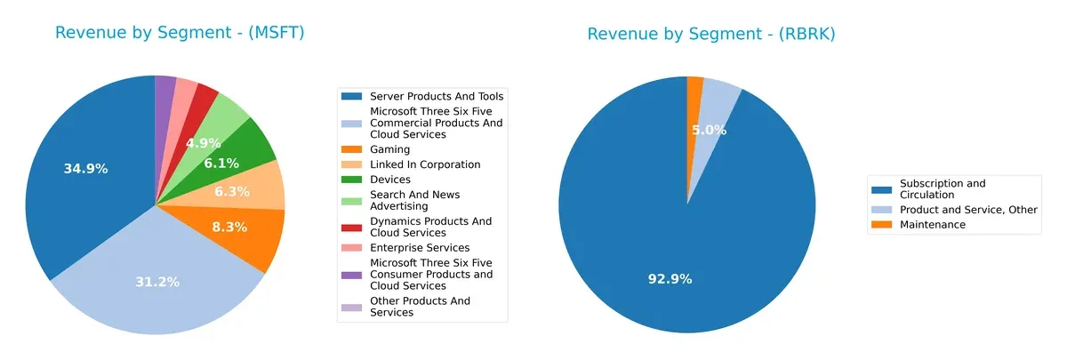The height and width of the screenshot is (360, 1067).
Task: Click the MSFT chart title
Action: coord(180,33)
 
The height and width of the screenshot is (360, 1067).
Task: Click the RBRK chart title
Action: coord(710,34)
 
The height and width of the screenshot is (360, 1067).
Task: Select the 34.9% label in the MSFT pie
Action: coord(85,168)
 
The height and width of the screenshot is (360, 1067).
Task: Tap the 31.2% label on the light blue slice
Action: coord(157,282)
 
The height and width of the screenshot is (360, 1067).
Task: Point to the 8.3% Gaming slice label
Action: coord(230,227)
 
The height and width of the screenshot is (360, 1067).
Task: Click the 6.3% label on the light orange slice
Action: coord(233,191)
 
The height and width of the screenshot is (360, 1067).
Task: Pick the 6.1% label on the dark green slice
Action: coord(221,164)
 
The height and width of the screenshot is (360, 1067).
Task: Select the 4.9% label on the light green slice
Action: coord(203,142)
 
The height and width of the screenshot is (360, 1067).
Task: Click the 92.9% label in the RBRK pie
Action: coord(670,278)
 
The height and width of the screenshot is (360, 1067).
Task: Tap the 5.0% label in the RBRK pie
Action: coord(709,130)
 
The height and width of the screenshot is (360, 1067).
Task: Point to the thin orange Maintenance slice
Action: coord(695,89)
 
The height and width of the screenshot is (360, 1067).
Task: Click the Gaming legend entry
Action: coord(389,149)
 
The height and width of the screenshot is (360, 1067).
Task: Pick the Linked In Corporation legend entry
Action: coord(424,164)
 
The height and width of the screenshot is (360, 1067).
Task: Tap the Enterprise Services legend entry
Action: coord(419,247)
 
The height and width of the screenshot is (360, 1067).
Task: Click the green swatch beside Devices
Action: coord(353,180)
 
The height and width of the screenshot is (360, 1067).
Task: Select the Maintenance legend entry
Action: coord(932,225)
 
